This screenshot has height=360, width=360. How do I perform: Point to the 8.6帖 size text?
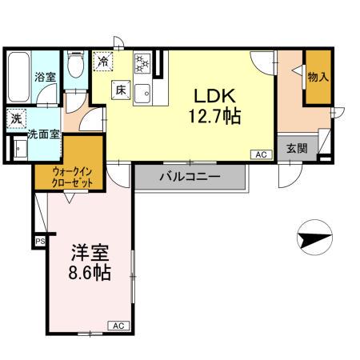pos(89,273)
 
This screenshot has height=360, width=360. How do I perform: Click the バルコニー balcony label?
pos(190,178)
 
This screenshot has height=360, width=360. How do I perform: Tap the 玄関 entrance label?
pos(294,147)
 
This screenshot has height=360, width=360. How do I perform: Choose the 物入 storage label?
pos(318,77)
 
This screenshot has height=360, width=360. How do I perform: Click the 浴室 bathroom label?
pos(45,78)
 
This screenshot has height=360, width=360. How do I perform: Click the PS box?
pos(39,239)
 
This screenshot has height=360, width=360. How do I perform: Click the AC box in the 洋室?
pos(117,326)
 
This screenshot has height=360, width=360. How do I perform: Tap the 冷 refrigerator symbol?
pos(103,60)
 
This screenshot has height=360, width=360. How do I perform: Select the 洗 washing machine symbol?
pos(16,118)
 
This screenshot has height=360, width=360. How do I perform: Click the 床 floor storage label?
pos(118,90)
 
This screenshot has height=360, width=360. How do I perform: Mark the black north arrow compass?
pos(313,237)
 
